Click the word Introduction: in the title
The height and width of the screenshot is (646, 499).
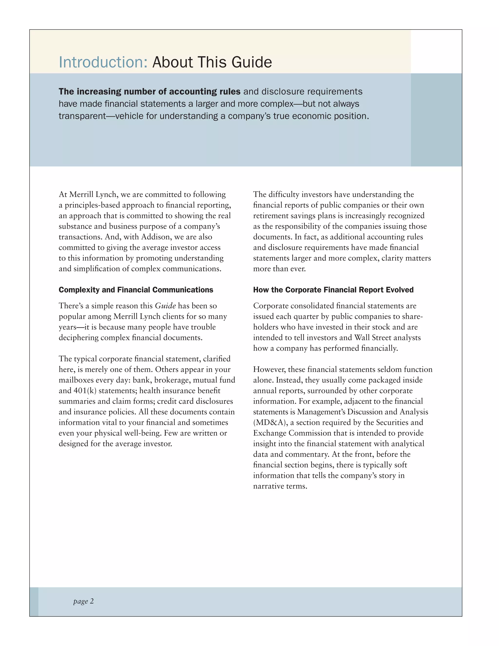point(103,62)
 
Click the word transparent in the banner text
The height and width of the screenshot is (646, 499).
point(82,116)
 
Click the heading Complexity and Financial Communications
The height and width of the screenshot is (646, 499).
point(136,290)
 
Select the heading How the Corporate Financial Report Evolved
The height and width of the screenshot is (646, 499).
point(333,290)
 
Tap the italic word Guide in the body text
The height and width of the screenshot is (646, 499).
point(165,306)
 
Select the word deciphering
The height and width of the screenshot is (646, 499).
point(78,338)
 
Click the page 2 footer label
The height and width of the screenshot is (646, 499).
point(83,601)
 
